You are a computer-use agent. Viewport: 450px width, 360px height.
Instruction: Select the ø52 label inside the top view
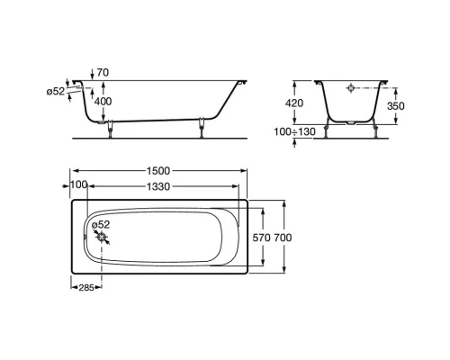tap(102, 224)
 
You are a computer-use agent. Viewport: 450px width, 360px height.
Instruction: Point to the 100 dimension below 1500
tap(78, 184)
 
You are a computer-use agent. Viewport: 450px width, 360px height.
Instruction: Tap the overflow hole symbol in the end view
tap(353, 91)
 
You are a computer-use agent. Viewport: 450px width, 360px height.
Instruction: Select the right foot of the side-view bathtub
tap(201, 127)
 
